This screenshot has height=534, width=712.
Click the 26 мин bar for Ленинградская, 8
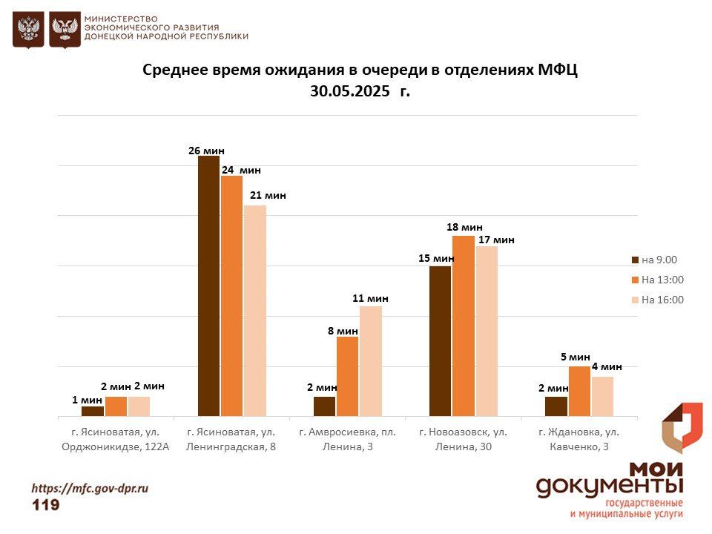click(209, 286)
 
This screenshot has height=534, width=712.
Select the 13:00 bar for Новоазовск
click(464, 326)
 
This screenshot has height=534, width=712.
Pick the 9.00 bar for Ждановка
click(556, 406)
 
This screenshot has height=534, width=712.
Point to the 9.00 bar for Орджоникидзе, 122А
click(93, 411)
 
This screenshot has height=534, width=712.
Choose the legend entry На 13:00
click(657, 280)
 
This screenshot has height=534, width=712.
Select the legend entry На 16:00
click(657, 300)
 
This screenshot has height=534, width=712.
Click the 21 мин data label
click(267, 195)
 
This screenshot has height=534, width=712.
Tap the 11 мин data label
click(370, 298)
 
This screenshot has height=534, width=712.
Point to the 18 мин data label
click(464, 227)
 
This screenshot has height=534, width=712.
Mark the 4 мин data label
click(606, 366)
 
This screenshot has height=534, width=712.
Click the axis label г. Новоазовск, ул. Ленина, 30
click(463, 439)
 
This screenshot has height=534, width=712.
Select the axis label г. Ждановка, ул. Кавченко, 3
click(578, 439)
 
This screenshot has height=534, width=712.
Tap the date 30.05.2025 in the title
click(350, 92)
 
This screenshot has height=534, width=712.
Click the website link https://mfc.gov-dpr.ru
click(90, 488)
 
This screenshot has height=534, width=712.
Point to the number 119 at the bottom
click(46, 505)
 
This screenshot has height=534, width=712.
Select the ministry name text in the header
click(166, 27)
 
